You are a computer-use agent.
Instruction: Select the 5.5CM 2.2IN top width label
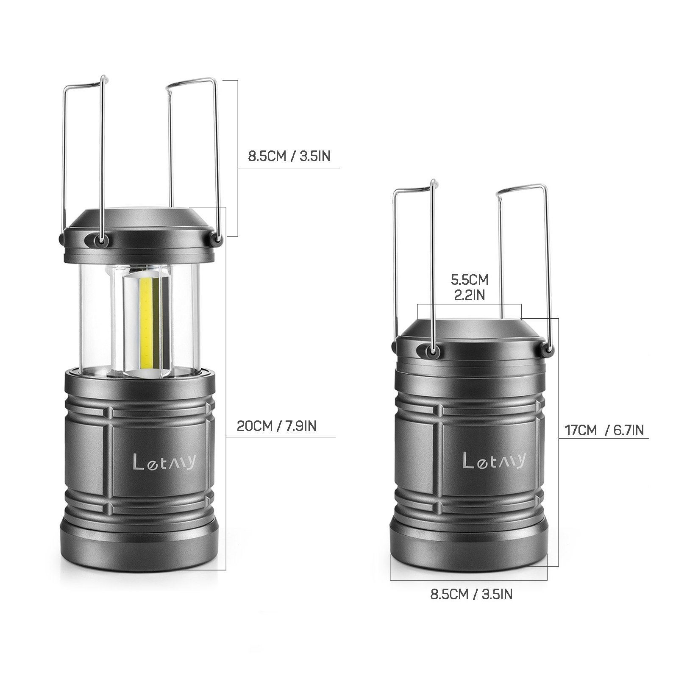[469, 287]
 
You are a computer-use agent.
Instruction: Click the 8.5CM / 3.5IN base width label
[471, 594]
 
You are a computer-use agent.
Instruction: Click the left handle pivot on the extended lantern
[100, 240]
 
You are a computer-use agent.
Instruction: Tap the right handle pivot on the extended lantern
[218, 241]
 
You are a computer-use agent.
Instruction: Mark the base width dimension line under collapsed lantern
[469, 579]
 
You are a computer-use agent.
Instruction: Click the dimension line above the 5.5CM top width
[469, 304]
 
